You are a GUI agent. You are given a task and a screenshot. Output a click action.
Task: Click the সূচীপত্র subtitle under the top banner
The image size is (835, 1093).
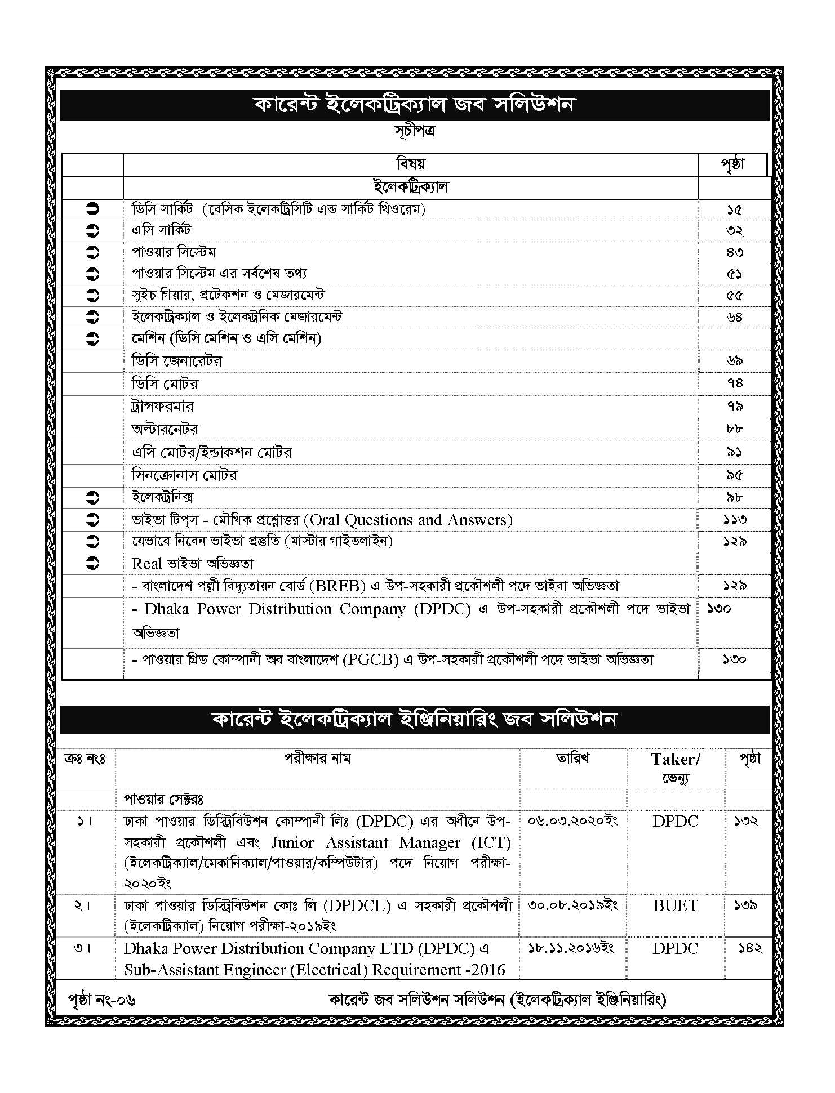tap(414, 131)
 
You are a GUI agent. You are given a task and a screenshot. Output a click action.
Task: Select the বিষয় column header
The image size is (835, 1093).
tap(411, 164)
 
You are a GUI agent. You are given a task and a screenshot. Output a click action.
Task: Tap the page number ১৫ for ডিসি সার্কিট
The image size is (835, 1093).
tap(734, 209)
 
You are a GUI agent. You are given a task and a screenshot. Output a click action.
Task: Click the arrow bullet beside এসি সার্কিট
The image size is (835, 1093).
tap(93, 231)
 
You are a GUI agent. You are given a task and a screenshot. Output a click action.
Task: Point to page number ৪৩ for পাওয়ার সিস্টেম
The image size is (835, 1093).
tap(734, 252)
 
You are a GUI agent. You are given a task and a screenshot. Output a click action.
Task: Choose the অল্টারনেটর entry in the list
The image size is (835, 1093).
tap(165, 430)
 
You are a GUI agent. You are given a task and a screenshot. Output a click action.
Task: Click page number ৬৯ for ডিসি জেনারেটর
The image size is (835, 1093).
tap(734, 361)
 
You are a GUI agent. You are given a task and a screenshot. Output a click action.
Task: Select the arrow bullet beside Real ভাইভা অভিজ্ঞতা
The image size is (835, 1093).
tap(93, 563)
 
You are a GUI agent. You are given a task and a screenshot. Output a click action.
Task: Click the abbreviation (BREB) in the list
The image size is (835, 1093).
tap(337, 586)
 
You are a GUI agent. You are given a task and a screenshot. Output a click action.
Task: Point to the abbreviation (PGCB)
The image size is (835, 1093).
tap(370, 659)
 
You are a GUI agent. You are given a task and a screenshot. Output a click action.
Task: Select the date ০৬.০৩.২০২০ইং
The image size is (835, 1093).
tap(572, 821)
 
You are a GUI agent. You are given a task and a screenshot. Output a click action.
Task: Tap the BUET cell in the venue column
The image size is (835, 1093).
tap(676, 906)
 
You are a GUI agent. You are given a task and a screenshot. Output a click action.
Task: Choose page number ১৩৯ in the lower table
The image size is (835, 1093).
tap(745, 905)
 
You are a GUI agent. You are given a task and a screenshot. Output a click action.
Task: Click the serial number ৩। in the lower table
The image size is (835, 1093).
tap(82, 948)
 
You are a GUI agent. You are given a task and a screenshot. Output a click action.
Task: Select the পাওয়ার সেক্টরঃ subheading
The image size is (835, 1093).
tap(163, 799)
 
